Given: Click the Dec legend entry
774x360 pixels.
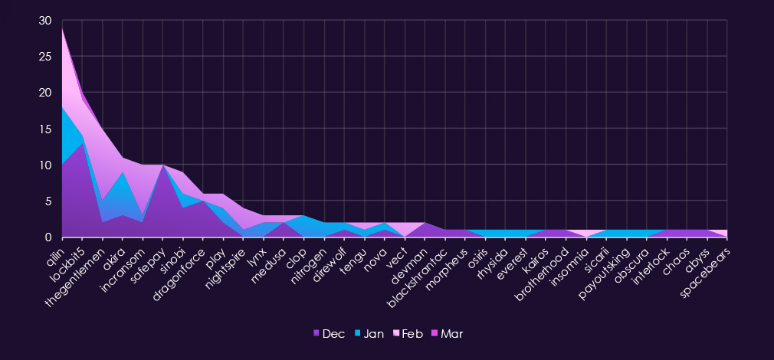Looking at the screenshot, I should pos(329,334).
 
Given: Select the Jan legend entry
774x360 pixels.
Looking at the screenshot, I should pos(368,334).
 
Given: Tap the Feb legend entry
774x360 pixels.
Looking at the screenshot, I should pos(407,334).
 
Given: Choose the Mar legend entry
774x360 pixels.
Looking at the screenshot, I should pos(446,334).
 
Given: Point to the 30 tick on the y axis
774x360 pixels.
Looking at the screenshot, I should pos(45,21).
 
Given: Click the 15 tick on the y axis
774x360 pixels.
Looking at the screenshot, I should pos(45,129).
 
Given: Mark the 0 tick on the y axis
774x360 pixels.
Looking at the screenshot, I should pos(48,237).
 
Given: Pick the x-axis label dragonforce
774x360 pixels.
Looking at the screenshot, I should pos(180,268).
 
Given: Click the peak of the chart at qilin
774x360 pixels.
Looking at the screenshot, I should pos(61,28).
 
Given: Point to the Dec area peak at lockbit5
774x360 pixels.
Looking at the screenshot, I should pos(81,143).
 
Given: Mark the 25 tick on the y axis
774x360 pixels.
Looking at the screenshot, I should pos(45,57).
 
